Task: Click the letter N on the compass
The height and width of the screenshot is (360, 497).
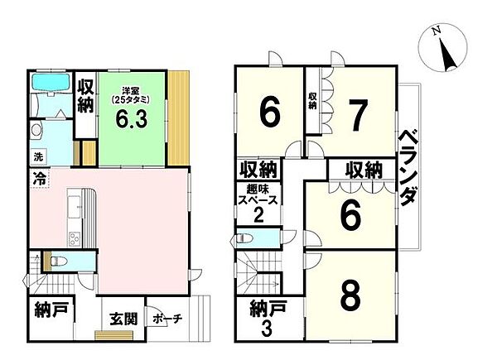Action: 436,31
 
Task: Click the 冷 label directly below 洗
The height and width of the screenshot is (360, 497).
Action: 39,177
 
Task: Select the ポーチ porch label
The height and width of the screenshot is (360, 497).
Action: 169,319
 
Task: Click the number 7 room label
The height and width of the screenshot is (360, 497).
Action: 358,116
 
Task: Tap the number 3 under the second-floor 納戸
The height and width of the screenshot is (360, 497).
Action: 267,328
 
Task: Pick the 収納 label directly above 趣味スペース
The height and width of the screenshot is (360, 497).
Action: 258,170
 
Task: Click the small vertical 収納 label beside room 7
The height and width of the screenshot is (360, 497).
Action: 312,100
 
